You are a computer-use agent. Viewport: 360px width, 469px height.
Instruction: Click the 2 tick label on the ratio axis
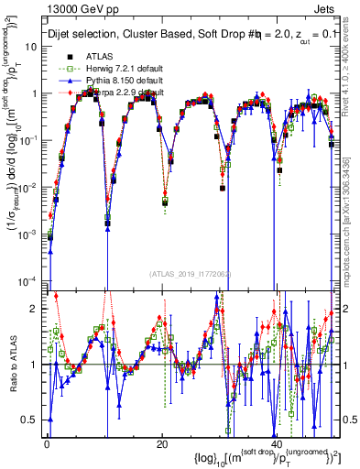36,310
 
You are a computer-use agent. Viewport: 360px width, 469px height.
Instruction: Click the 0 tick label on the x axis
48,444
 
